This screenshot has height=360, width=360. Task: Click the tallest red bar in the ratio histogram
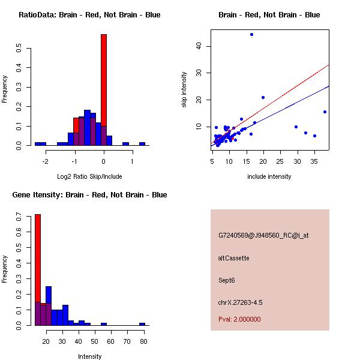point(104,90)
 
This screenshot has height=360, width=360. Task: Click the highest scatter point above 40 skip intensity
point(251,35)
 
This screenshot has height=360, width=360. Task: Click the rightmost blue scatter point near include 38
point(325,112)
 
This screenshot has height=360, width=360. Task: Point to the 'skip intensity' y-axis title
point(185,90)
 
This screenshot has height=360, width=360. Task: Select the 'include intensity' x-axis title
point(269,176)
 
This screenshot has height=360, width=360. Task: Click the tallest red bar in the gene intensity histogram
point(38,270)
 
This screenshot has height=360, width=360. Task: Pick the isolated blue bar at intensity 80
point(142,324)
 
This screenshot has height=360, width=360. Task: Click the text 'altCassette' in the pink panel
point(233,258)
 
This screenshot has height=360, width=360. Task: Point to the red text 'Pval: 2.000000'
point(239,319)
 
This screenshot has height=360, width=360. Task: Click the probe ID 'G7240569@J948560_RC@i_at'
point(263,236)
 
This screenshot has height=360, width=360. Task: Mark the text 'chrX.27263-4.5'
point(240,302)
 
